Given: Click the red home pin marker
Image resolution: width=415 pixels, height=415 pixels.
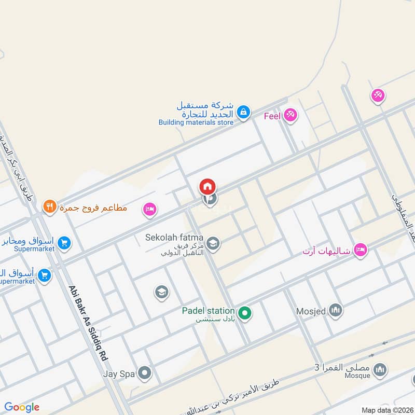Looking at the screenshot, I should pyautogui.click(x=208, y=186).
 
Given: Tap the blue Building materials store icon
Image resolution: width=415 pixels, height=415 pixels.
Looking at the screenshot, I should pyautogui.click(x=243, y=111).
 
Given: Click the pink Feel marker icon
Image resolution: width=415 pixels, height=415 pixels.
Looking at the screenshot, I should pyautogui.click(x=290, y=115).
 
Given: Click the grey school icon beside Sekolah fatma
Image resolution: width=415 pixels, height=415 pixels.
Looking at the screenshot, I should pyautogui.click(x=213, y=243).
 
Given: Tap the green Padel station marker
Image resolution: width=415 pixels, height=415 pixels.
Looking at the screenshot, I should pyautogui.click(x=245, y=313).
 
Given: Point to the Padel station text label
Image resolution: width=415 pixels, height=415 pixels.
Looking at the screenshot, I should pyautogui.click(x=208, y=311).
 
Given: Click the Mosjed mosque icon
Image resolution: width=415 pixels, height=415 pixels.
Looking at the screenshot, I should pyautogui.click(x=336, y=311).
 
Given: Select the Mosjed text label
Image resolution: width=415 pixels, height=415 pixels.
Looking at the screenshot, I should pyautogui.click(x=311, y=311).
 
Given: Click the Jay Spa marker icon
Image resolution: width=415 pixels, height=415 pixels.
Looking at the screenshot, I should pyautogui.click(x=145, y=372).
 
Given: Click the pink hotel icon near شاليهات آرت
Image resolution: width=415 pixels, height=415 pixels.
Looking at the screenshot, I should pyautogui.click(x=359, y=251).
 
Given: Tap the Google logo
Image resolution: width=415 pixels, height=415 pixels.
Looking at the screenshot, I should pyautogui.click(x=22, y=407).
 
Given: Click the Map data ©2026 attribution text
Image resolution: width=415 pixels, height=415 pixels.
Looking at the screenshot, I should pyautogui.click(x=386, y=410).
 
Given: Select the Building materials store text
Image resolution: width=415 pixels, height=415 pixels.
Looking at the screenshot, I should pyautogui.click(x=196, y=122).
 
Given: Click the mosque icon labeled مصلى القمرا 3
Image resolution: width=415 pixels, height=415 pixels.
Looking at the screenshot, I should pyautogui.click(x=380, y=369).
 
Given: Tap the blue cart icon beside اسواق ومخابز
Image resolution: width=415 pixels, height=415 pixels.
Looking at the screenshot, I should pyautogui.click(x=64, y=242).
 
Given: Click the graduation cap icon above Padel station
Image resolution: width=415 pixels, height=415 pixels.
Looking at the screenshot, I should pyautogui.click(x=162, y=292).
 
